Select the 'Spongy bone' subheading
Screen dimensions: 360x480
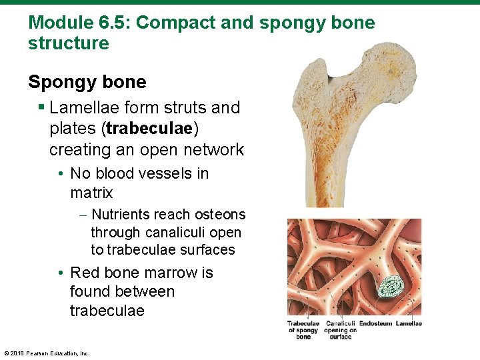pyautogui.click(x=87, y=82)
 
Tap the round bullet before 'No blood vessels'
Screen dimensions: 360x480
pyautogui.click(x=61, y=174)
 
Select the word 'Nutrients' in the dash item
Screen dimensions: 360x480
pyautogui.click(x=121, y=215)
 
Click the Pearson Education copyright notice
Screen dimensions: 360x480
pyautogui.click(x=47, y=353)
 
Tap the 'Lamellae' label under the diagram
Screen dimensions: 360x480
pyautogui.click(x=408, y=324)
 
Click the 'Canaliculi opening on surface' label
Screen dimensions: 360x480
pyautogui.click(x=340, y=330)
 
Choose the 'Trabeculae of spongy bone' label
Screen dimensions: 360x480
pyautogui.click(x=303, y=330)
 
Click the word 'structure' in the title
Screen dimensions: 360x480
pyautogui.click(x=69, y=44)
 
